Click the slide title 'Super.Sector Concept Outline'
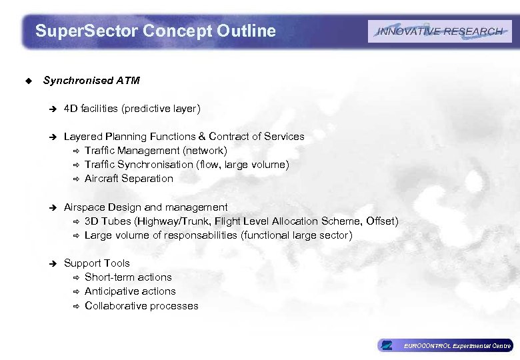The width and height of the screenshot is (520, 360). tap(155, 31)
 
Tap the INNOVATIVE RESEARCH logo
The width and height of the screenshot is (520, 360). tap(439, 31)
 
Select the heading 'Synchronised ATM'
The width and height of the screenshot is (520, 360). tap(91, 81)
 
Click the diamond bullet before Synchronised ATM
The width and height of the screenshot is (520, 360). tap(27, 81)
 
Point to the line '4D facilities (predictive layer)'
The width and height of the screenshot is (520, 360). tap(132, 108)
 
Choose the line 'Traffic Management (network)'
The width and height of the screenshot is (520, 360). tap(156, 151)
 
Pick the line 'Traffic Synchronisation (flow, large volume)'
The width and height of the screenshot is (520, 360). tap(187, 165)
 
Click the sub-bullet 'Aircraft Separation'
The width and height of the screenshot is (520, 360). tap(129, 179)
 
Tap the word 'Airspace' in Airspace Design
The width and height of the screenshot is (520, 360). tap(83, 207)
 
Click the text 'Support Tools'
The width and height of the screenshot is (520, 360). tap(97, 263)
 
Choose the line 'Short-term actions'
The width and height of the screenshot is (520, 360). tap(128, 277)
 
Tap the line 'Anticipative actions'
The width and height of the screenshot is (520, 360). tap(130, 291)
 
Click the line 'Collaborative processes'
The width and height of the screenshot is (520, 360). tap(141, 306)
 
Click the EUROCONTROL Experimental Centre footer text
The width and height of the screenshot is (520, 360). tap(457, 346)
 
